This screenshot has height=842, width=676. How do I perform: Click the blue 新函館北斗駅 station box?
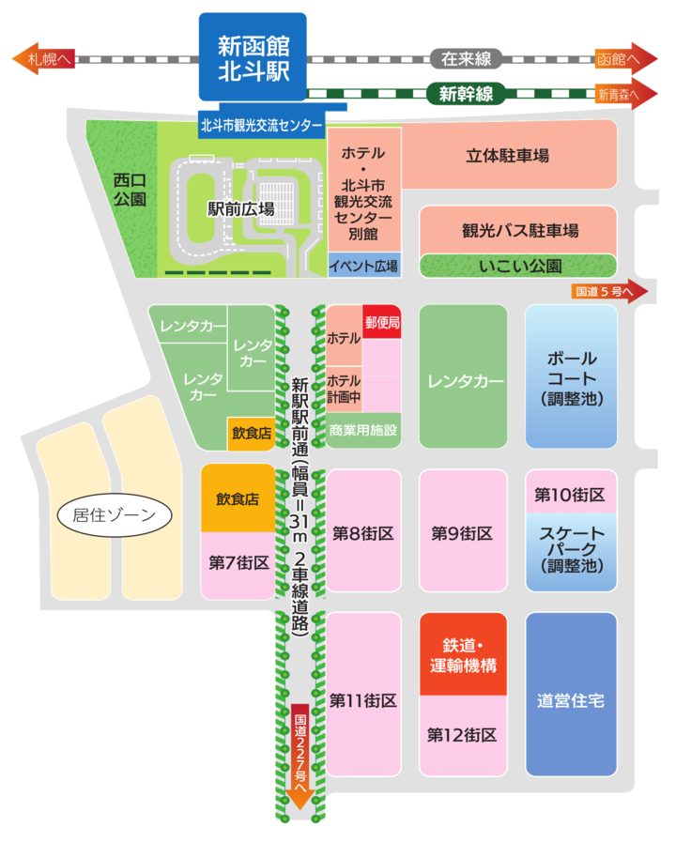(x=253, y=56)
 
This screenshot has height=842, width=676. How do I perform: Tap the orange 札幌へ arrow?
(x=41, y=58)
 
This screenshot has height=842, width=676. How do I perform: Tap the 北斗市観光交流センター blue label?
(x=261, y=125)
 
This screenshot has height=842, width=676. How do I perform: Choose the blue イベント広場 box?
(x=364, y=266)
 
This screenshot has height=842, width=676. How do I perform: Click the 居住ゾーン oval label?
(x=115, y=514)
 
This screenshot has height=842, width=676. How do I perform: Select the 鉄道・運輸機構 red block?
(x=463, y=654)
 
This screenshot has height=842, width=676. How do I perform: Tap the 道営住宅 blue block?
(x=571, y=699)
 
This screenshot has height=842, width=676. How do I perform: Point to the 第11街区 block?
(x=363, y=699)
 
